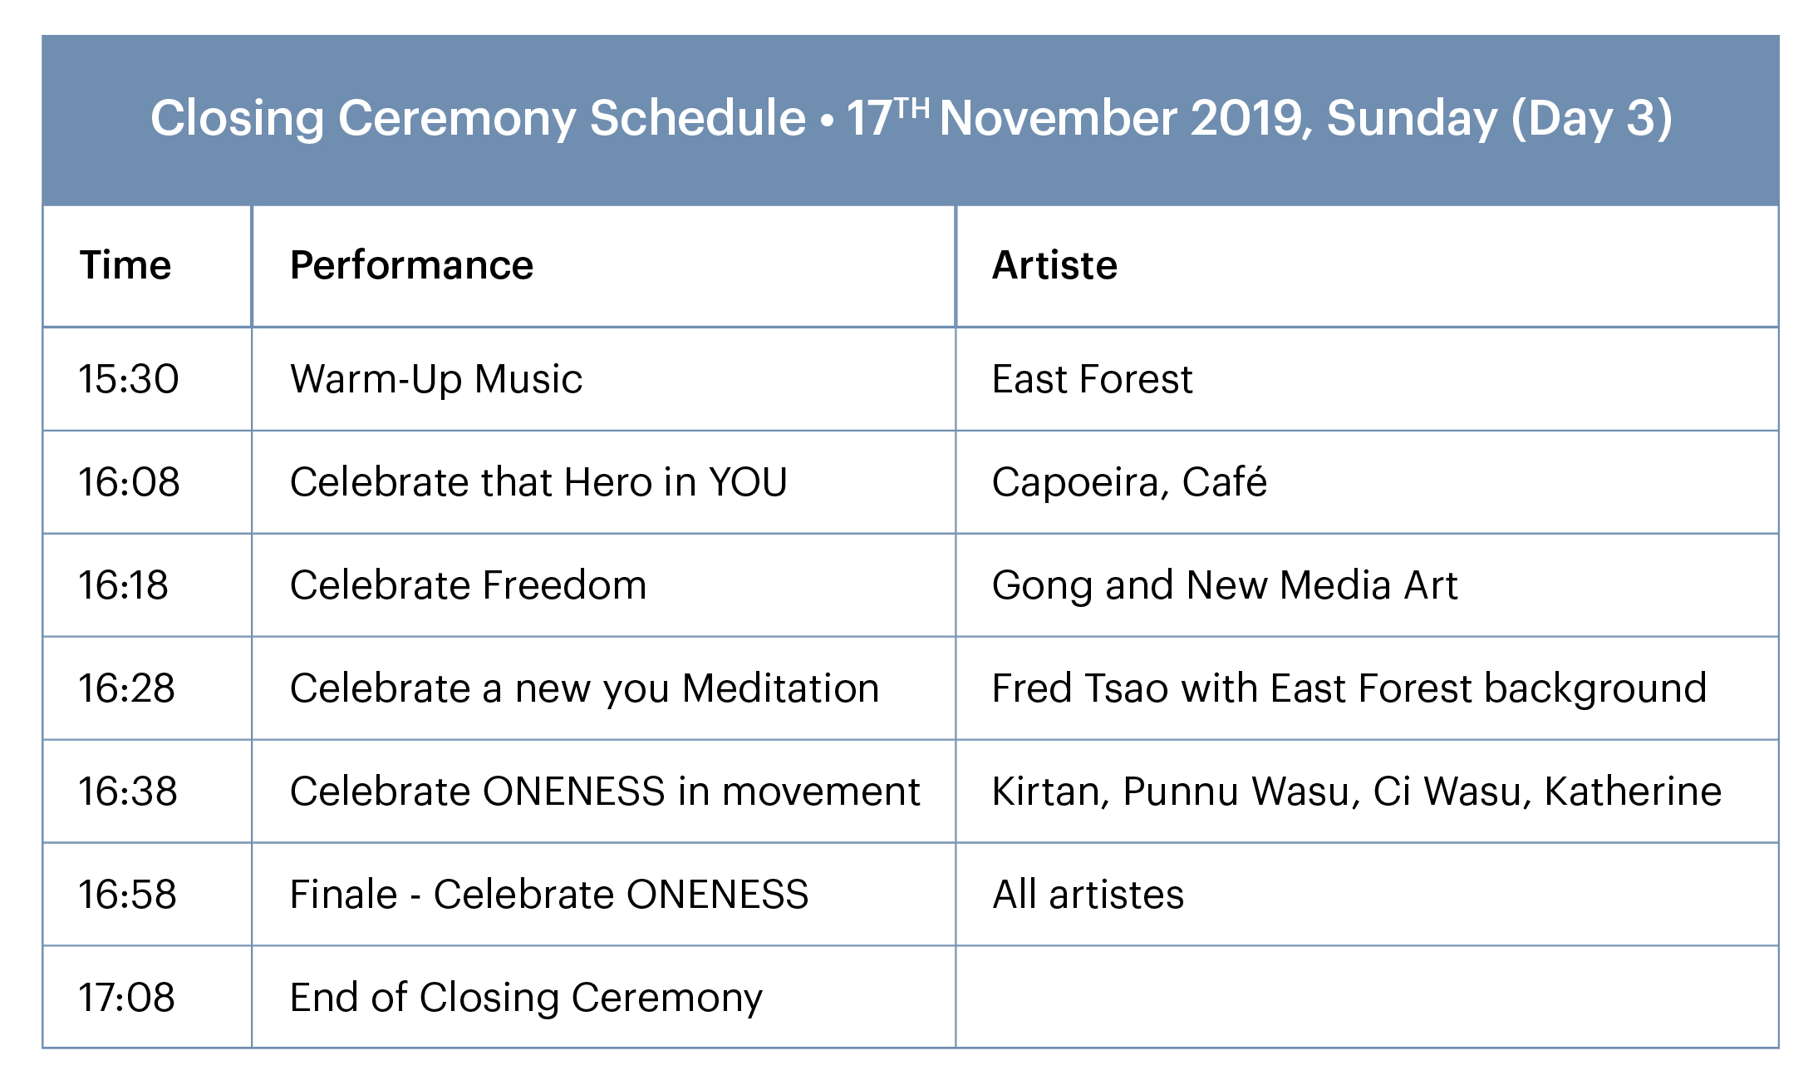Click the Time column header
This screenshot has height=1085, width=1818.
(x=125, y=265)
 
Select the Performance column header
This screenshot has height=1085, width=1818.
(x=411, y=265)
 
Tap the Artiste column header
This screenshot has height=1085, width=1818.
(x=1054, y=265)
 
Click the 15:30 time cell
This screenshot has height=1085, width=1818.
(x=129, y=379)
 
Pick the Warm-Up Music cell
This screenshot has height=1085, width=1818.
(x=436, y=380)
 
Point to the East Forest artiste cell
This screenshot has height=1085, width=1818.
(x=1093, y=379)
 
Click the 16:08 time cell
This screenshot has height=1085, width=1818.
(x=129, y=482)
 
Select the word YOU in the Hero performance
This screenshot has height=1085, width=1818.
(x=748, y=482)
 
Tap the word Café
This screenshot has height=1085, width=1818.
(x=1225, y=481)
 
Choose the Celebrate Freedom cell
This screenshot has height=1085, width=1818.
(x=468, y=585)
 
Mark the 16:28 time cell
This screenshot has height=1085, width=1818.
(x=127, y=688)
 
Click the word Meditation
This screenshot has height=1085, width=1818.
(x=781, y=688)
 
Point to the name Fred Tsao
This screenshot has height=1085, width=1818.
(x=1081, y=688)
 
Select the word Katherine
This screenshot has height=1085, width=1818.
(x=1633, y=792)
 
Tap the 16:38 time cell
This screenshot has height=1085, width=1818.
(x=128, y=792)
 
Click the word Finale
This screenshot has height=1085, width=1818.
(x=344, y=895)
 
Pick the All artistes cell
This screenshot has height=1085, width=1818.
(x=1088, y=895)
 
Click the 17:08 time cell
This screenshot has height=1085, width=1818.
(x=127, y=998)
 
